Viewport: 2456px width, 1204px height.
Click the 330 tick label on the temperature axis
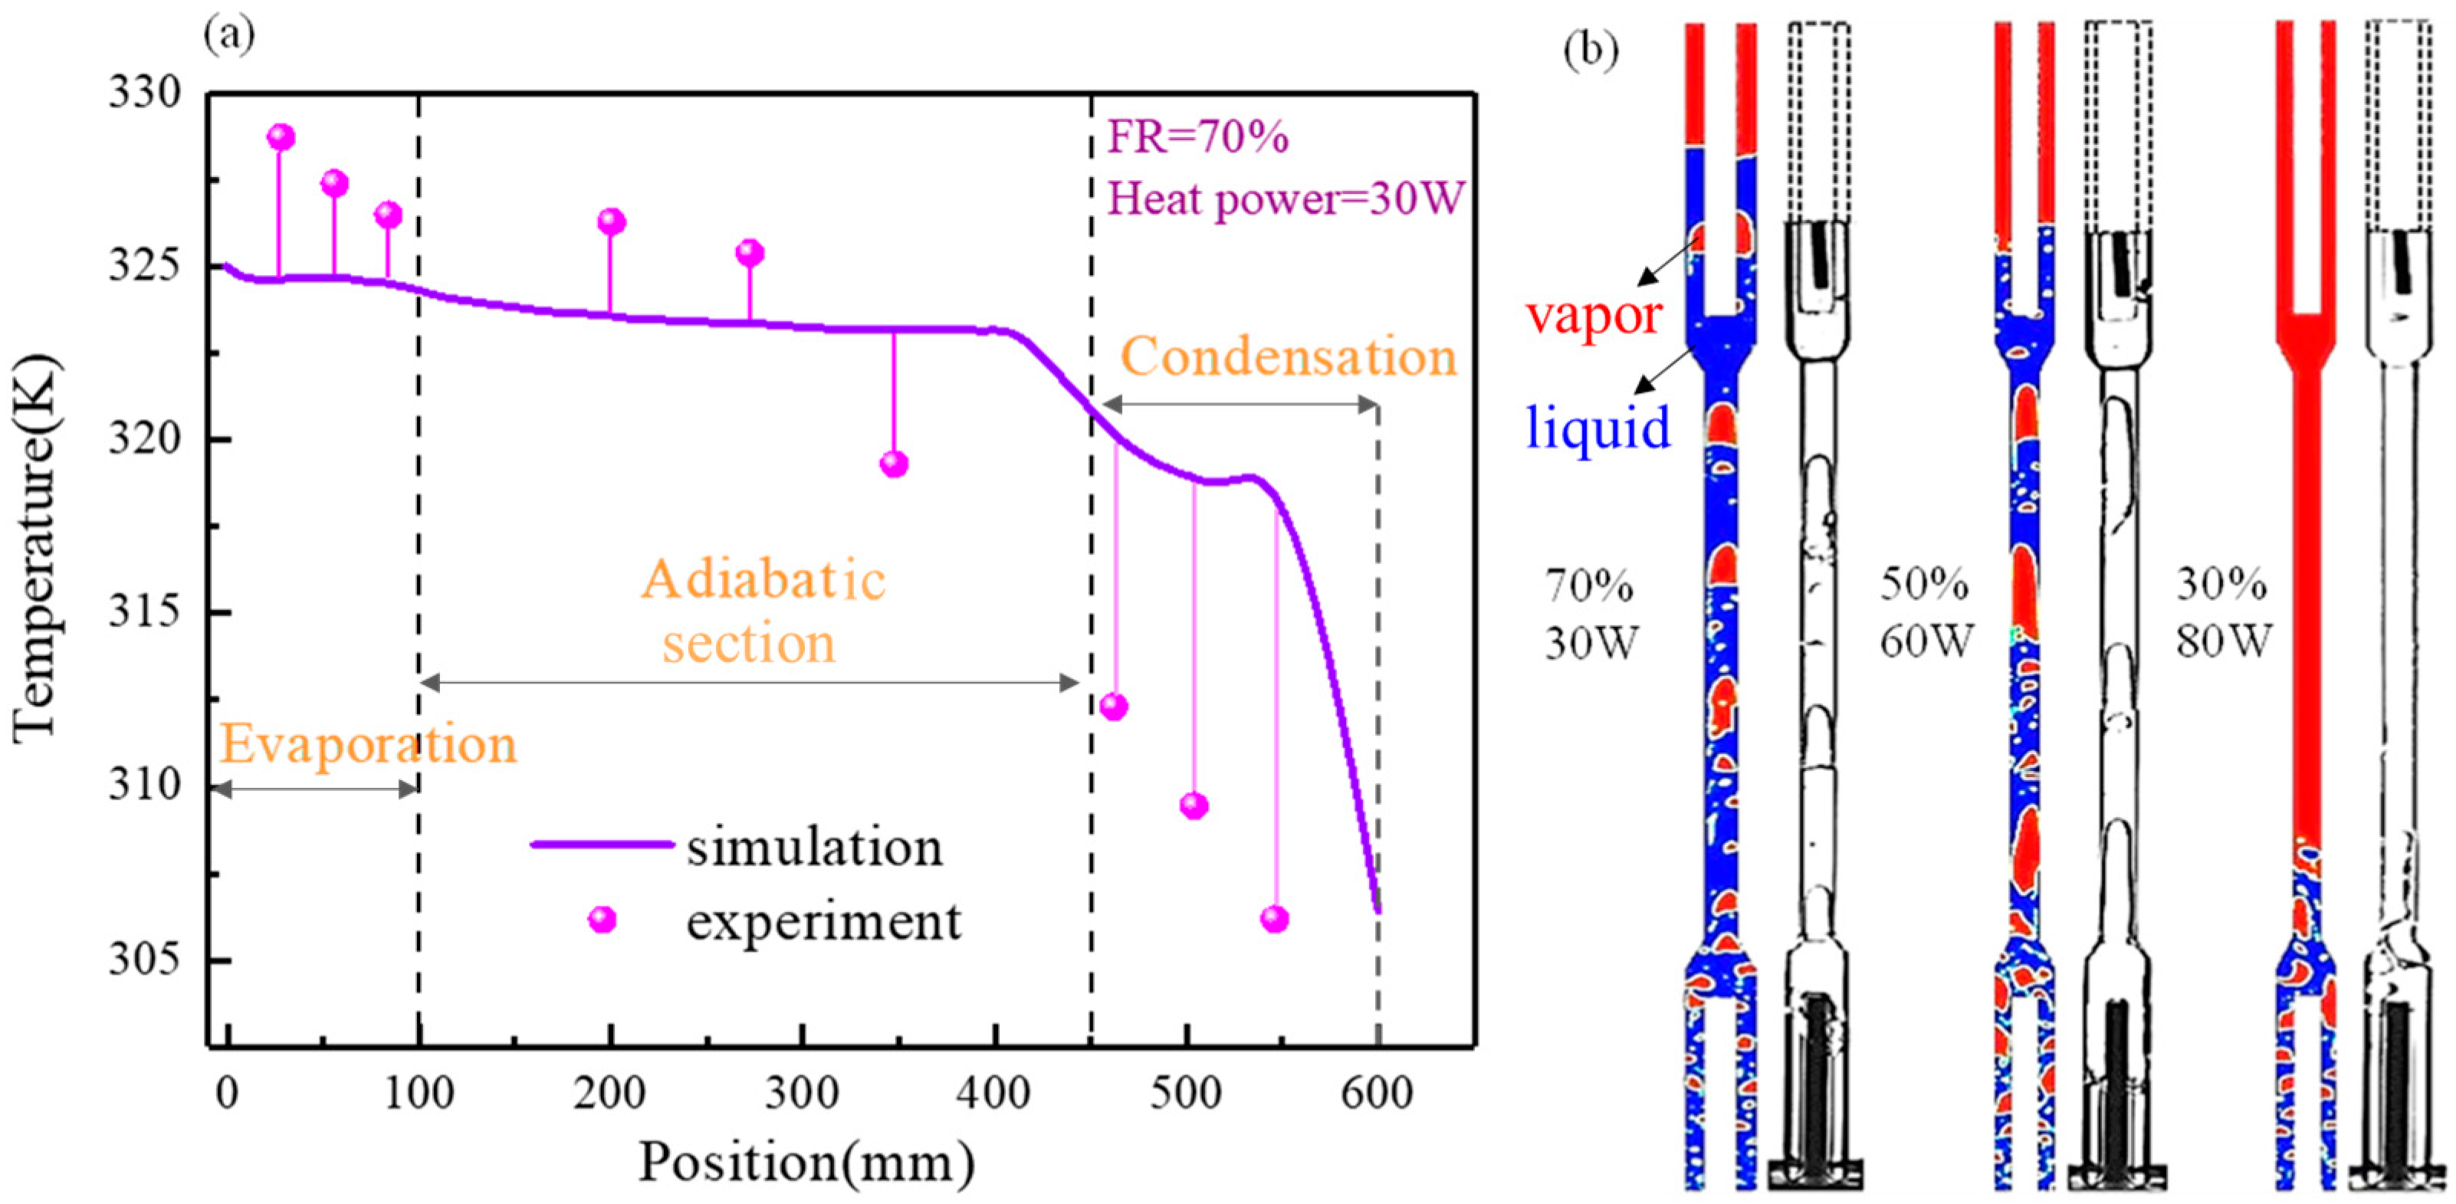click(143, 93)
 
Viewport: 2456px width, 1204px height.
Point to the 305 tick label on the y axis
click(143, 958)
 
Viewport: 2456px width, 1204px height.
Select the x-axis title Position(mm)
click(806, 1162)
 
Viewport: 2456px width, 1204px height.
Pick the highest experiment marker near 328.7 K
click(281, 137)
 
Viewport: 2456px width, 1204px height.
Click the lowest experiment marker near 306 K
click(1275, 919)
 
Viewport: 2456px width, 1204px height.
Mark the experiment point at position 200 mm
click(611, 222)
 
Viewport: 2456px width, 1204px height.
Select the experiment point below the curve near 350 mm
click(893, 464)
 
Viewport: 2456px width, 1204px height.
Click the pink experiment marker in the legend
click(603, 919)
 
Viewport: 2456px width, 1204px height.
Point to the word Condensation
click(1288, 357)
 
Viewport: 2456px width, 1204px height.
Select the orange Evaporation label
click(368, 744)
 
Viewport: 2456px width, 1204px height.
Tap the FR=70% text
click(1197, 138)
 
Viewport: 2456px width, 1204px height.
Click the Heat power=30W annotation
click(1284, 199)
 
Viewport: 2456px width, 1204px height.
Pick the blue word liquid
click(1598, 427)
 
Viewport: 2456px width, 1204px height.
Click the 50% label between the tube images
click(1924, 583)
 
